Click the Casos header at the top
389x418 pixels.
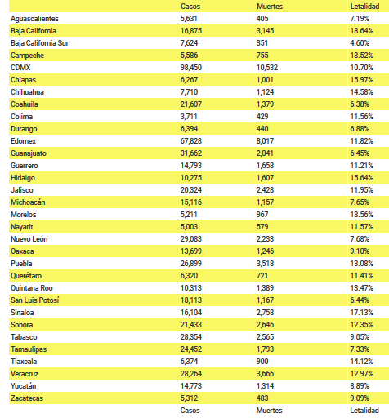tap(190, 7)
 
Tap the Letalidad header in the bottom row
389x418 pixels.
tap(364, 411)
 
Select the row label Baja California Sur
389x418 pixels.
tap(39, 43)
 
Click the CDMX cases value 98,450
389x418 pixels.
tap(191, 68)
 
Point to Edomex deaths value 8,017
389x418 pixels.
tap(265, 141)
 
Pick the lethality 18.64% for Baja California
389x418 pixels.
tap(362, 31)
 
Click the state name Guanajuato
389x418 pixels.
tap(29, 153)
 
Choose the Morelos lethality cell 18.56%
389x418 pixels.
tap(362, 215)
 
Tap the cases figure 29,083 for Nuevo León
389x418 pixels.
tap(191, 239)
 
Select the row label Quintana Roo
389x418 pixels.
tap(32, 288)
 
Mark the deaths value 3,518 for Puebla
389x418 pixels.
tap(265, 264)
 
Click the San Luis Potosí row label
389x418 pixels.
tap(35, 300)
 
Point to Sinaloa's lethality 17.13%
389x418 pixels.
tap(362, 313)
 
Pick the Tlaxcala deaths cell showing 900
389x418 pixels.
tap(262, 362)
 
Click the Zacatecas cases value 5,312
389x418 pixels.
tap(189, 398)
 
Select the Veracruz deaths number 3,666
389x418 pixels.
tap(265, 374)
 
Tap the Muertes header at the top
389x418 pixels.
tap(270, 7)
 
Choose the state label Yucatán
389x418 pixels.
tap(24, 386)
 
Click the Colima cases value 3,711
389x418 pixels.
tap(189, 117)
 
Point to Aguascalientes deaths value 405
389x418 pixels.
tap(262, 19)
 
